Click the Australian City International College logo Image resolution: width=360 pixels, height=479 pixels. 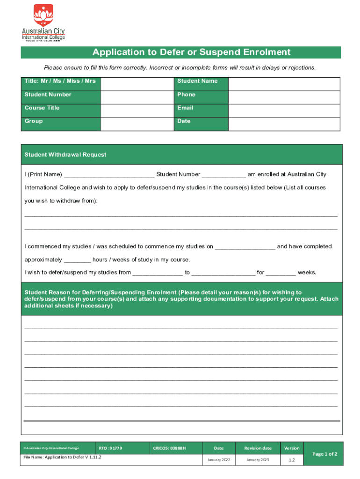click(x=43, y=23)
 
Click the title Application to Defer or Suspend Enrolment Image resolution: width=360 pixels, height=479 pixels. click(x=191, y=52)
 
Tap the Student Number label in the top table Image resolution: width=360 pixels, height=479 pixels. click(x=48, y=94)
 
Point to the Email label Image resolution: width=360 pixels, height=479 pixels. click(x=185, y=108)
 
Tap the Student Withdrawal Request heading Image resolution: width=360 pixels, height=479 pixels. click(x=65, y=155)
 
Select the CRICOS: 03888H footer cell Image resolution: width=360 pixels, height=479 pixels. click(x=169, y=448)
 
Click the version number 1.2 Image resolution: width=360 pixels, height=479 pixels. click(x=292, y=460)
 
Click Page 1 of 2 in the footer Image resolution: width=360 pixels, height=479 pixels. click(x=324, y=454)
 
